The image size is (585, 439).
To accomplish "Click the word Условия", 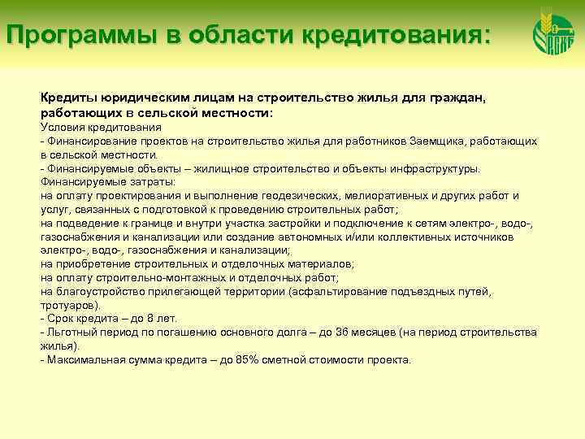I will (x=62, y=128).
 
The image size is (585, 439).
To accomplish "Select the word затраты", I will (x=146, y=182).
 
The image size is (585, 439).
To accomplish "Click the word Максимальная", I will (x=83, y=360).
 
